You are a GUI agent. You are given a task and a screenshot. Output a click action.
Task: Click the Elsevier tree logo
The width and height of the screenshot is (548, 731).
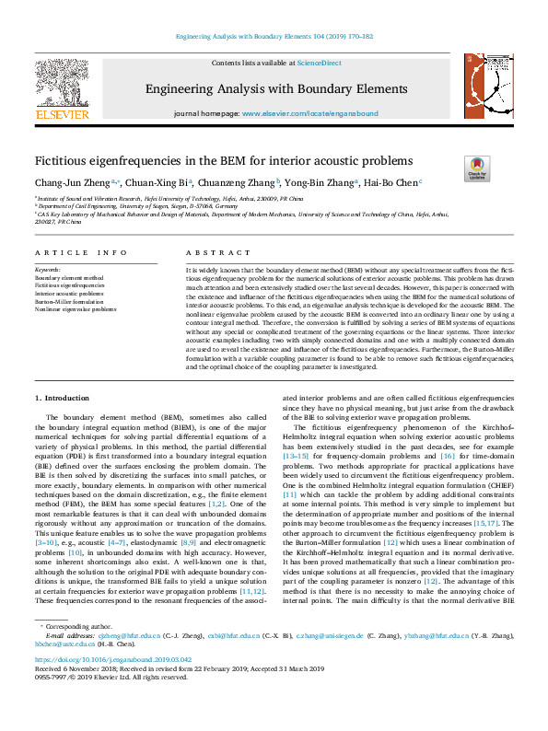pyautogui.click(x=61, y=81)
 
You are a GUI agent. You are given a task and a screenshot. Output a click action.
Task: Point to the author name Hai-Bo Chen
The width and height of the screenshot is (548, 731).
pyautogui.click(x=390, y=183)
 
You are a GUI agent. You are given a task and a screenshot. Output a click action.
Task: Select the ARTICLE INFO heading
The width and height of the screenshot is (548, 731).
pyautogui.click(x=81, y=252)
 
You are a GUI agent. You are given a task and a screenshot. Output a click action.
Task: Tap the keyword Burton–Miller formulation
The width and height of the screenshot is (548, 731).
pyautogui.click(x=70, y=301)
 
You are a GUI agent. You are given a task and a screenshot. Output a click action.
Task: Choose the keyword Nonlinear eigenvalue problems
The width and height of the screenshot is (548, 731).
pyautogui.click(x=76, y=309)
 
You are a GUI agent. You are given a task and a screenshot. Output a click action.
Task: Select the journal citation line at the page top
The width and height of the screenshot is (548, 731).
pyautogui.click(x=274, y=36)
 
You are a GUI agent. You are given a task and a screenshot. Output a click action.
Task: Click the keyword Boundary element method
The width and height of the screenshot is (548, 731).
pyautogui.click(x=68, y=277)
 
